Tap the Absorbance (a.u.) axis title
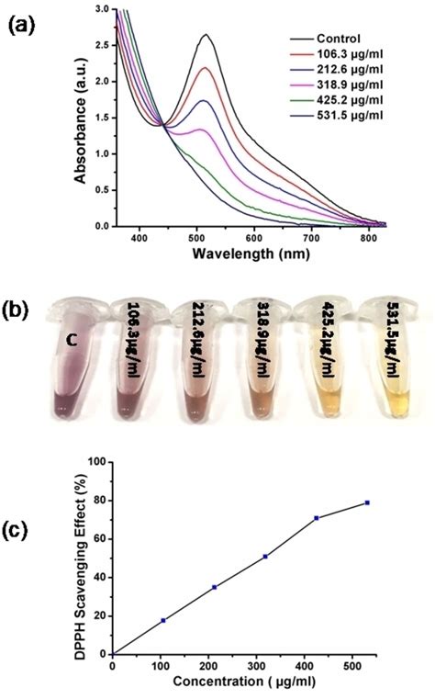(84, 117)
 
